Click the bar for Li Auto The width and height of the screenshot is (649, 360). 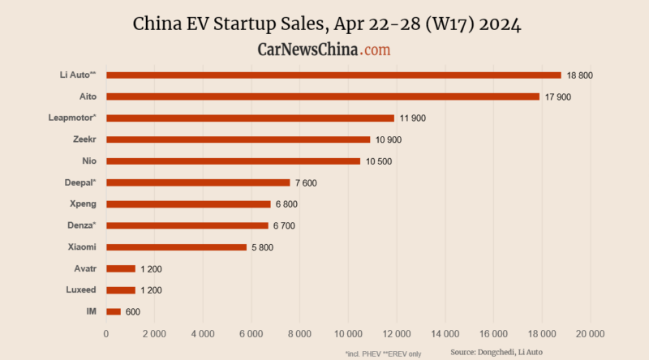pyautogui.click(x=333, y=75)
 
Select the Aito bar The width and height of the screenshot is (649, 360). pyautogui.click(x=323, y=96)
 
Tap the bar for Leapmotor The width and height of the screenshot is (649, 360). pyautogui.click(x=250, y=118)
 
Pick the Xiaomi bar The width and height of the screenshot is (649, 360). pyautogui.click(x=176, y=246)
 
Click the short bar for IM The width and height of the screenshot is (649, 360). pyautogui.click(x=114, y=311)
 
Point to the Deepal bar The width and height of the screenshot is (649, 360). pyautogui.click(x=198, y=182)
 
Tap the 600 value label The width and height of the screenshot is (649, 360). pyautogui.click(x=133, y=311)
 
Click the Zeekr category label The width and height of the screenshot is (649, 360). pyautogui.click(x=85, y=139)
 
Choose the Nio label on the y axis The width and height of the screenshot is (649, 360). pyautogui.click(x=90, y=161)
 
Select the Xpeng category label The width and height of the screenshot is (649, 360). pyautogui.click(x=84, y=204)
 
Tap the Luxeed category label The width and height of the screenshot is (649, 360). pyautogui.click(x=81, y=289)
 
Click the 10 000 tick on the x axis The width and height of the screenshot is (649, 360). pyautogui.click(x=348, y=333)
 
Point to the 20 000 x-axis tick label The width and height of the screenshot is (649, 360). pyautogui.click(x=590, y=333)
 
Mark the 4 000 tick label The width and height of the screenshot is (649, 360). pyautogui.click(x=203, y=333)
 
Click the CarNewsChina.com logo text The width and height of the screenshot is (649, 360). pyautogui.click(x=324, y=49)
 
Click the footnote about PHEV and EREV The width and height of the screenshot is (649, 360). pyautogui.click(x=383, y=353)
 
